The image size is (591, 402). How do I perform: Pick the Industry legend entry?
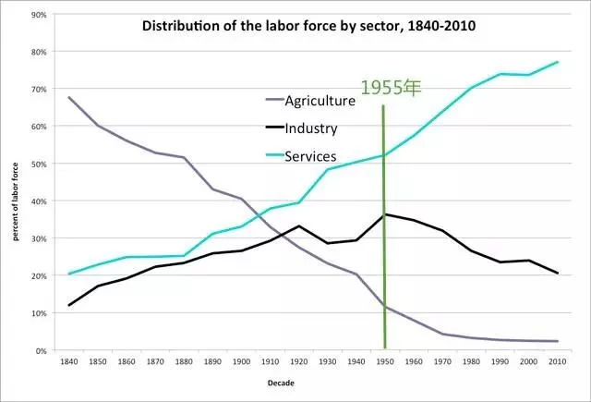[x=311, y=128]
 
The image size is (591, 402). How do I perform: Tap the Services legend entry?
[x=310, y=156]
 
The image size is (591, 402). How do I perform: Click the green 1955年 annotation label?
[x=391, y=89]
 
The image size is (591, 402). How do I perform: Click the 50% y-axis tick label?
[x=39, y=164]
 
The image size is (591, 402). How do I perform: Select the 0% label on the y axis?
[x=42, y=351]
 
